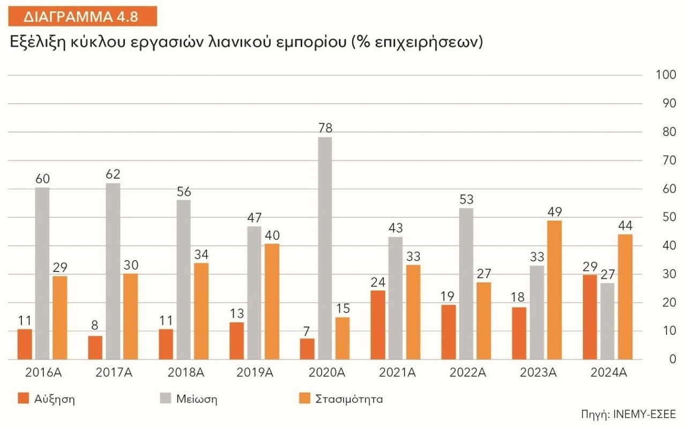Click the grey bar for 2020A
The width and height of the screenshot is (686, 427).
(x=324, y=248)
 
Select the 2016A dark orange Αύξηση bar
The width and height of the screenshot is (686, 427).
(x=25, y=344)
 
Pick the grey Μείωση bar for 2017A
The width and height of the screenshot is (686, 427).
(x=113, y=271)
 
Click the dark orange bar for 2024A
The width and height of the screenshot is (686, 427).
(x=590, y=317)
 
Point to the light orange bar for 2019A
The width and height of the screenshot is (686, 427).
(x=272, y=301)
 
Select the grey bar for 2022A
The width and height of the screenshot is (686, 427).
(x=466, y=284)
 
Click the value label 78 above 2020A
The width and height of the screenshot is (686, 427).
(x=325, y=128)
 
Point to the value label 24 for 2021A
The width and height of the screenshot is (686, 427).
(x=378, y=282)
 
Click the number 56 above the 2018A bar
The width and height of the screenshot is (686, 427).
(x=183, y=192)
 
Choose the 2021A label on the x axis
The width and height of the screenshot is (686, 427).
(x=395, y=373)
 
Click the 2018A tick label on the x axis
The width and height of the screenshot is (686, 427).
(x=183, y=373)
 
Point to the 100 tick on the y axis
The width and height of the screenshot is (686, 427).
(x=665, y=75)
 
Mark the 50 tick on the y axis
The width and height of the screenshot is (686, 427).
(x=668, y=217)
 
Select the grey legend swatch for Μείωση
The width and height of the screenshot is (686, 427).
(x=166, y=399)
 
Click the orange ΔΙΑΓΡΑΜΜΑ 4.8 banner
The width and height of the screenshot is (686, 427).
(x=82, y=16)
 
